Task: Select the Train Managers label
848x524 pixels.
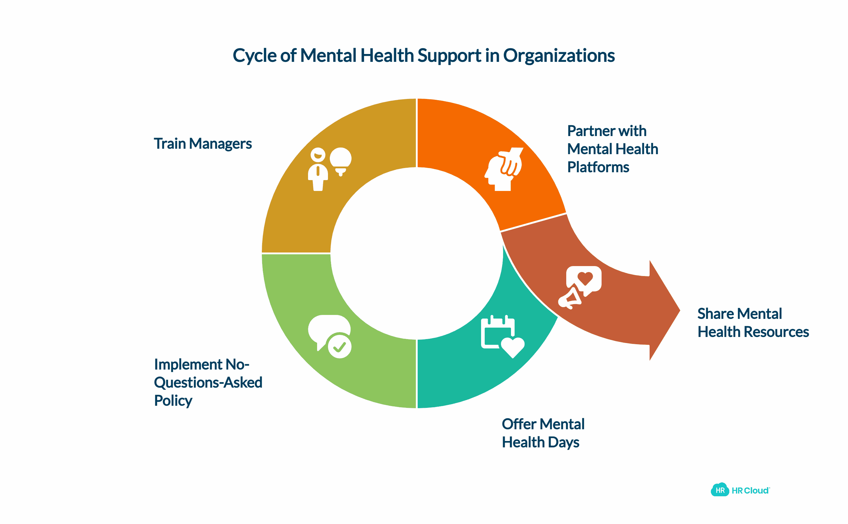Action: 203,144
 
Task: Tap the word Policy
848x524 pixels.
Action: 173,401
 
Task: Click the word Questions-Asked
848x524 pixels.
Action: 208,383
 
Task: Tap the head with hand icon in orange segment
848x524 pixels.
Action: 504,169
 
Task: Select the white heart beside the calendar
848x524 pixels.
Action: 512,347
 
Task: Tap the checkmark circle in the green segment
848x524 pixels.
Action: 339,346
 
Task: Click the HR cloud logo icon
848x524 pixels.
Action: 720,490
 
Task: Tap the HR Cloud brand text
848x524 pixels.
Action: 750,491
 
